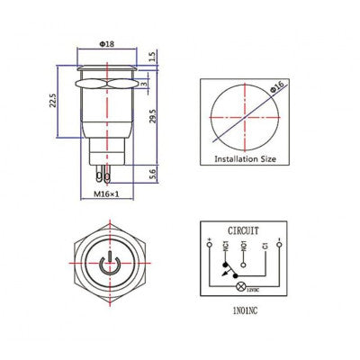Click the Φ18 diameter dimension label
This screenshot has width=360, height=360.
point(107,44)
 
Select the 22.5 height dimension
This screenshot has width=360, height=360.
point(54,101)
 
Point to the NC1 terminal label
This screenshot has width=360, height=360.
point(230,244)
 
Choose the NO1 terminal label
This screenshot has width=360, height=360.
point(246,244)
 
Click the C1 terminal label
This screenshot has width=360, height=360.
point(264,244)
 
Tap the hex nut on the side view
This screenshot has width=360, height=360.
point(107,90)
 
